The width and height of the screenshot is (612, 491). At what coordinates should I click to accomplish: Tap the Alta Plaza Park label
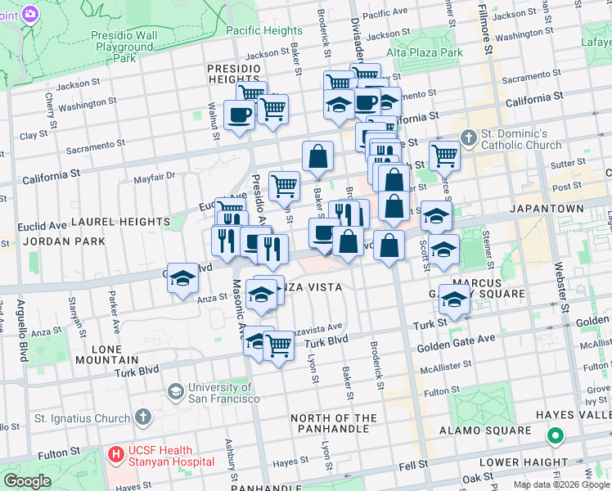pos(425,52)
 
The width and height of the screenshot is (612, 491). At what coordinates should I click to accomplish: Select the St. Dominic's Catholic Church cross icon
pos(468,137)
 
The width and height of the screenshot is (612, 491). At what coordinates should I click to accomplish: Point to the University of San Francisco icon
pos(175,392)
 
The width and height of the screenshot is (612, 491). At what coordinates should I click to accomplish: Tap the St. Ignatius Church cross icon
pos(144,417)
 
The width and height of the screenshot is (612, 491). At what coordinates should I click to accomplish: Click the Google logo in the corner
pos(27,481)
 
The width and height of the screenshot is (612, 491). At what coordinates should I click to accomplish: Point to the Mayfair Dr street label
pos(154,176)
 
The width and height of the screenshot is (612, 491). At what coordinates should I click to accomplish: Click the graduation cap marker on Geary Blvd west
pos(182,279)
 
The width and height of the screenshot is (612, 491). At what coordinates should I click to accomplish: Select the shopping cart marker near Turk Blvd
pos(279,345)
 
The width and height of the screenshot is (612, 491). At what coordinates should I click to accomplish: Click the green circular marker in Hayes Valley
pos(556,436)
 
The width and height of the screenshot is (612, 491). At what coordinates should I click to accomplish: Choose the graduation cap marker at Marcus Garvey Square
pos(454,299)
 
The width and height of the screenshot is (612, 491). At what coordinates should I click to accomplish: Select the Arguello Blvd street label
pos(20,331)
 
